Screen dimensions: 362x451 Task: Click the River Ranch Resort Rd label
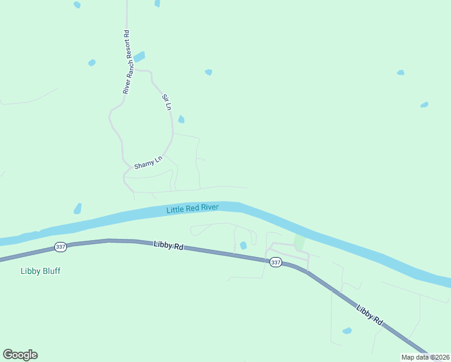tap(127, 63)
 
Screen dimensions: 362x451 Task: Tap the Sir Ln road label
tap(167, 102)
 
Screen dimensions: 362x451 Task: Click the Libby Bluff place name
tap(40, 271)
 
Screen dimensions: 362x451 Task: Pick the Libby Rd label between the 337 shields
tap(168, 245)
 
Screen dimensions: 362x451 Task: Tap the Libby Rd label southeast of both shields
tap(370, 316)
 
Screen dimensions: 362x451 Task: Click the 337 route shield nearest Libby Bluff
tap(60, 247)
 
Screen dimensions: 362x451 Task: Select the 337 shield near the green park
tap(276, 262)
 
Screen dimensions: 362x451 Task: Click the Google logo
tap(20, 355)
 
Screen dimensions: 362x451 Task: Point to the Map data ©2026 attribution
tap(425, 357)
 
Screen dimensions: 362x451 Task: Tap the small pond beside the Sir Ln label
tap(181, 119)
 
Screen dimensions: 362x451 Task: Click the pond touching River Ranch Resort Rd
tap(139, 57)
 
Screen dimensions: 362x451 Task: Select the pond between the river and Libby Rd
tap(243, 246)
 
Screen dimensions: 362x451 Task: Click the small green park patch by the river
tap(299, 243)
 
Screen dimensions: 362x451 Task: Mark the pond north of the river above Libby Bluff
tap(77, 209)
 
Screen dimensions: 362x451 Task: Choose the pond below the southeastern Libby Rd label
tap(347, 331)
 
